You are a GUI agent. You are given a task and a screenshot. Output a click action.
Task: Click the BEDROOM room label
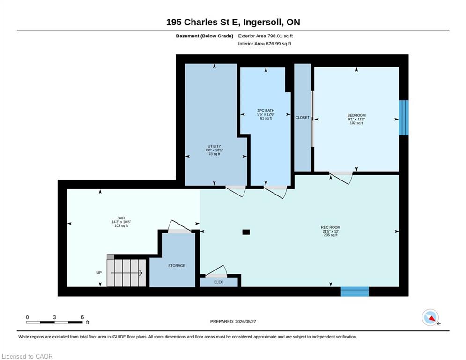(356, 115)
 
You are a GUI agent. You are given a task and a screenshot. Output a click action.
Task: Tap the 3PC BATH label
(266, 110)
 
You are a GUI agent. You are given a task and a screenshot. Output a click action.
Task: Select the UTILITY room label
(215, 146)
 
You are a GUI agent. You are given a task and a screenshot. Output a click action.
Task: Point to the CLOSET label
(302, 118)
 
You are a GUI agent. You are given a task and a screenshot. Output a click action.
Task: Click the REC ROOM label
(331, 227)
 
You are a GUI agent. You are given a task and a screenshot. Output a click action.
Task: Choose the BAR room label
(121, 218)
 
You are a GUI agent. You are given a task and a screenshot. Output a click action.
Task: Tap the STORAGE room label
(177, 266)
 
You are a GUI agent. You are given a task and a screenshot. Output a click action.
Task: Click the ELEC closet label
(218, 282)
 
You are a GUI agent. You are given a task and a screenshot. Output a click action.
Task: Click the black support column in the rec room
(246, 232)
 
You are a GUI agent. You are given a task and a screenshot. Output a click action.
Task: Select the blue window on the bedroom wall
(404, 118)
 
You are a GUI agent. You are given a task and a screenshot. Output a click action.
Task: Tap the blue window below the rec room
(355, 292)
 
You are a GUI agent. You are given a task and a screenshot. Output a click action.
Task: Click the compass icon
(430, 318)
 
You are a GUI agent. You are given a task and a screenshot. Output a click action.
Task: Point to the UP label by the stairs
(99, 273)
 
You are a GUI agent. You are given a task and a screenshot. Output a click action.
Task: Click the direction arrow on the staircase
(126, 273)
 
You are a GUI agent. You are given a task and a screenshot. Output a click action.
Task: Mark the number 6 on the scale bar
(82, 317)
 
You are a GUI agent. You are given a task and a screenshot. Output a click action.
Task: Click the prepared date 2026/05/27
(245, 321)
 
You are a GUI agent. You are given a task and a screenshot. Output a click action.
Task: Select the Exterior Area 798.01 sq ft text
(266, 36)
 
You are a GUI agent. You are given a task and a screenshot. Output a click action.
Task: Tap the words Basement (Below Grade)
(205, 36)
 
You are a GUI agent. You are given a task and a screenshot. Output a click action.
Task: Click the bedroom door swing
(341, 178)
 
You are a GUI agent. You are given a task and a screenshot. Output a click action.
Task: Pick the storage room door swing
(179, 226)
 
